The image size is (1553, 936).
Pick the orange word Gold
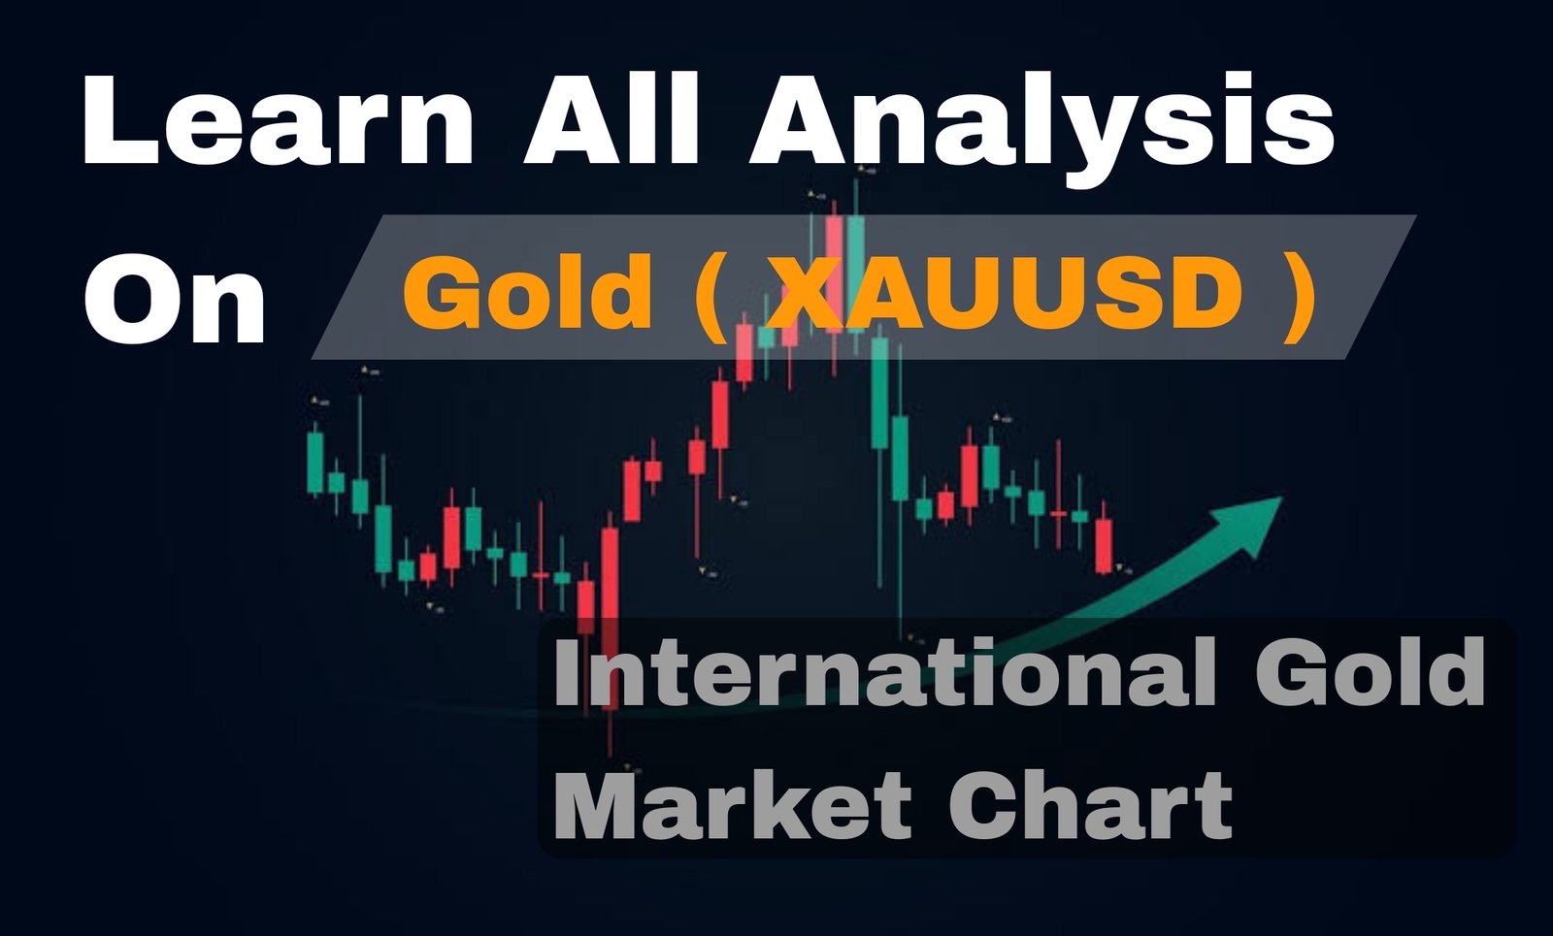(x=528, y=290)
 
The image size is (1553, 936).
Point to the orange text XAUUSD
(x=1008, y=292)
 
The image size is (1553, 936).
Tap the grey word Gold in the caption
(x=1370, y=672)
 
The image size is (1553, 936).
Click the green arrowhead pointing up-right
(x=1248, y=523)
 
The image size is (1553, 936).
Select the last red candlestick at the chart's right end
(x=1103, y=546)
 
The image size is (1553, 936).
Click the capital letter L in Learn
(x=117, y=118)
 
